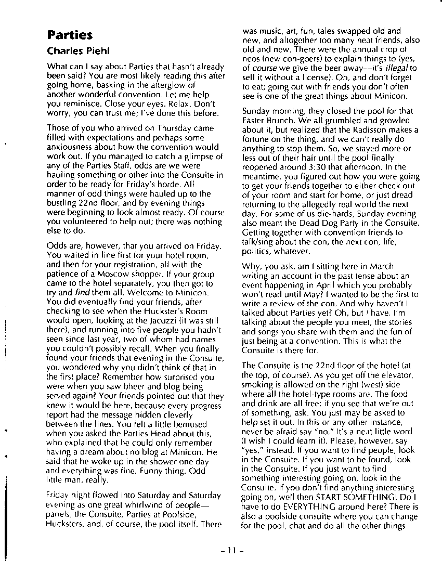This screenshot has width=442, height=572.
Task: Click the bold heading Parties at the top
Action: (70, 35)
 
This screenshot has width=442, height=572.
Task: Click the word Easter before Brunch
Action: (255, 121)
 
